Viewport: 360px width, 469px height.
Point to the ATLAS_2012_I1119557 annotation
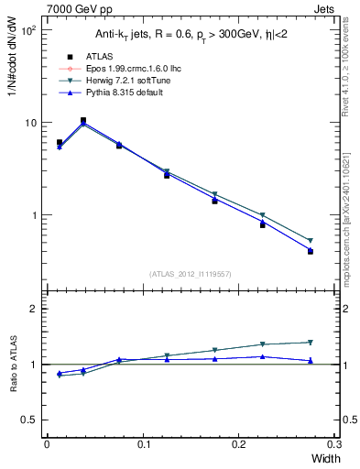[x=189, y=274]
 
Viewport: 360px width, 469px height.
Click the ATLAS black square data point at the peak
[x=83, y=120]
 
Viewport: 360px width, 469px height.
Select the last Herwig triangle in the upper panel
[x=311, y=241]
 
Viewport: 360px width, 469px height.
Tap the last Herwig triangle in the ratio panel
[x=311, y=343]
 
